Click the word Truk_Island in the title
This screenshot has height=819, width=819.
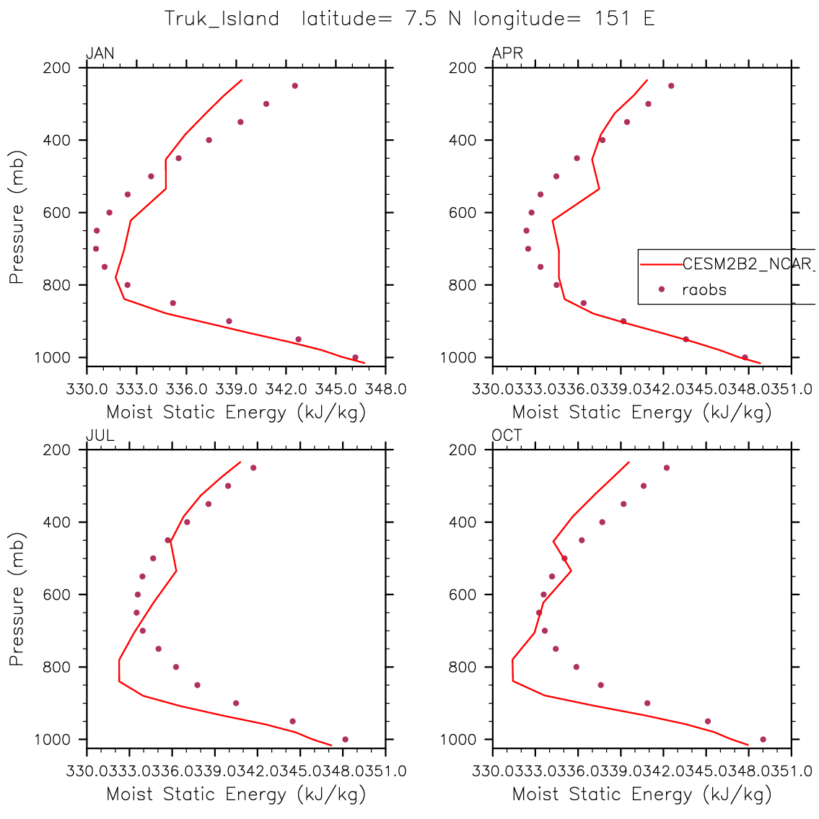pos(222,19)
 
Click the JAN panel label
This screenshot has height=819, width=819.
pos(100,53)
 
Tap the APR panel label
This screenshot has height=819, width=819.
pos(507,53)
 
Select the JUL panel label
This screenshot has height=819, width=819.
pos(100,435)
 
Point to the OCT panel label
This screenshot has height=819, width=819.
pos(507,435)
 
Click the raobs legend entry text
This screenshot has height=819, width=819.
pos(704,290)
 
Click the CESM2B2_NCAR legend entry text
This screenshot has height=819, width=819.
pos(747,263)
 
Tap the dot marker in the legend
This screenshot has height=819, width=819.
pos(661,289)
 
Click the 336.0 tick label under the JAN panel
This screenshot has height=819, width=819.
pos(187,390)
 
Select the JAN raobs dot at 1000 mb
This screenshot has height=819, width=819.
pos(355,357)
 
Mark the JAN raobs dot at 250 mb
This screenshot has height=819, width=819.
pos(294,86)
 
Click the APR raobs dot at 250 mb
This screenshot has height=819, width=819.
pos(671,86)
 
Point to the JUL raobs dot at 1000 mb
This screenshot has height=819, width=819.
pos(345,739)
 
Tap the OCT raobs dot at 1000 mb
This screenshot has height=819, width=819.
pos(763,739)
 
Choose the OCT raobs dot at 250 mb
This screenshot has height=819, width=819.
pos(667,468)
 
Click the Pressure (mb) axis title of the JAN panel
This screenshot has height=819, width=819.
pos(17,216)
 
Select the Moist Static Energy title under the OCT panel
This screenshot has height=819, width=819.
pos(641,794)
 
